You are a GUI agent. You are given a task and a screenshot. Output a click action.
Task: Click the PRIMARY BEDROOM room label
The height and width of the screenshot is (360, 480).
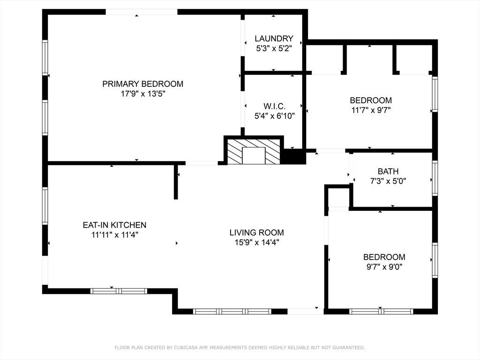coord(142,84)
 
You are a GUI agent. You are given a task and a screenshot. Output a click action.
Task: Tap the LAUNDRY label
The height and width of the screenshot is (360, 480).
coord(274,38)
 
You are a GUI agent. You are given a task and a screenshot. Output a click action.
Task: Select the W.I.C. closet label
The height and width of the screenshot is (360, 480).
coord(275,106)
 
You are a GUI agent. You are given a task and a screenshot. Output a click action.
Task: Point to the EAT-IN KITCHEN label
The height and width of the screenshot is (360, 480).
coord(114,225)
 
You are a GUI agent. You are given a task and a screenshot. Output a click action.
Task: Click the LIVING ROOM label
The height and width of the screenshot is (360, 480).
coord(257,232)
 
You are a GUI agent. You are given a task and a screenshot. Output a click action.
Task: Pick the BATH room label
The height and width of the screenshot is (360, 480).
coord(388,172)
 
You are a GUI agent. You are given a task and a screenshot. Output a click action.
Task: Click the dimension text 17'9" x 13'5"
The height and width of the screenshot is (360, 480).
coord(143,94)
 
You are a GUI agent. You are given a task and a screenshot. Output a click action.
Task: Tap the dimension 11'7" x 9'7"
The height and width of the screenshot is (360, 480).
coord(371,110)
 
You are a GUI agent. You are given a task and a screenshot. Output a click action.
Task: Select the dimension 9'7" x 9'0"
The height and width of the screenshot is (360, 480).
coord(384,267)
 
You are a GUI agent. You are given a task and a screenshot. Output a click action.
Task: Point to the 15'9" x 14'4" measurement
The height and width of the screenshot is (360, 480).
coord(257,242)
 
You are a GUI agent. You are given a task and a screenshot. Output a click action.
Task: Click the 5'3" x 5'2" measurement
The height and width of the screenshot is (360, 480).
coord(274,48)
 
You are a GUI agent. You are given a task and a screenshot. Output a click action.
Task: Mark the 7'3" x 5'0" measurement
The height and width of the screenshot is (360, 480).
coord(388,181)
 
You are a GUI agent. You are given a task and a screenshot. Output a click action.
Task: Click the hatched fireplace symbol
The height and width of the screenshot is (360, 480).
coord(254,151)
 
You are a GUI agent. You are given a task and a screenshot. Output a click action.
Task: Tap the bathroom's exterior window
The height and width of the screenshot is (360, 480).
coord(435,178)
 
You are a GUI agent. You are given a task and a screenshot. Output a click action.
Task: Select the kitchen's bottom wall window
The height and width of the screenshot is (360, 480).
coord(119,291)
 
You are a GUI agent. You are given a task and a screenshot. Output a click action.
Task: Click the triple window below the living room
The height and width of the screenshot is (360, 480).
coord(232,311)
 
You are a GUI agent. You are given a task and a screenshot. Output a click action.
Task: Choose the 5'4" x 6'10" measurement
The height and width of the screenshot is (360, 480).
coord(275,116)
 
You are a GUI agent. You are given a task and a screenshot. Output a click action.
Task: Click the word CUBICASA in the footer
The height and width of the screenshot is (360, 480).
coord(186,347)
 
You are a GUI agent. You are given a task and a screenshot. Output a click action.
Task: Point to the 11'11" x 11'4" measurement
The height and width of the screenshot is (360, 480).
coord(115,235)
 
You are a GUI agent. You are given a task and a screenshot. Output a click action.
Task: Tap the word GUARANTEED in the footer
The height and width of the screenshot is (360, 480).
coord(349,347)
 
